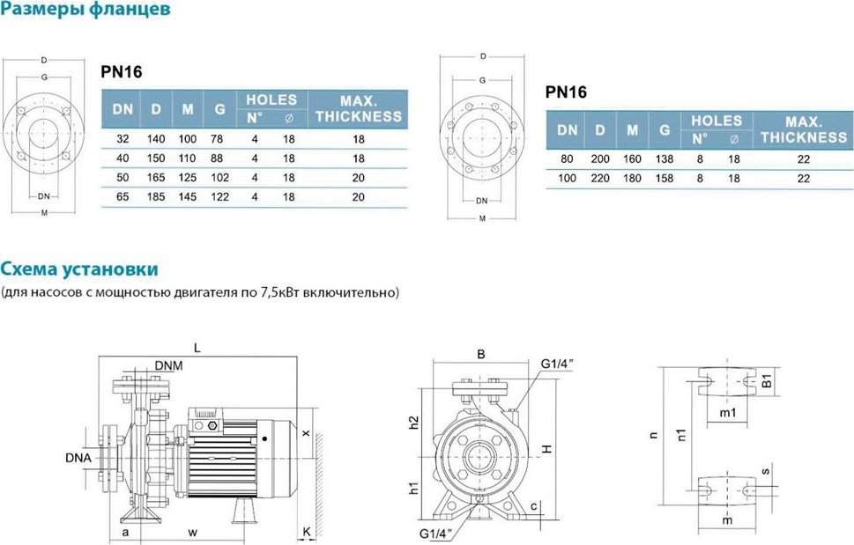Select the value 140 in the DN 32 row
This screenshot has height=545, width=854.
click(156, 139)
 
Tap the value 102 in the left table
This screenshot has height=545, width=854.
click(219, 178)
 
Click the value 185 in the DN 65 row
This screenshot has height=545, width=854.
click(156, 197)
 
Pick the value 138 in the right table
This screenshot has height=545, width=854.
click(665, 159)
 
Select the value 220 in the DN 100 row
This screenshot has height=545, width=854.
click(600, 179)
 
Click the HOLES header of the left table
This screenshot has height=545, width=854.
click(271, 100)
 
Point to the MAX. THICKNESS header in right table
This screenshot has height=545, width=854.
click(804, 129)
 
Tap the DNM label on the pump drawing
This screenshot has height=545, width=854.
click(168, 365)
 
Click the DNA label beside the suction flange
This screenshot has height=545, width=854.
click(78, 458)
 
